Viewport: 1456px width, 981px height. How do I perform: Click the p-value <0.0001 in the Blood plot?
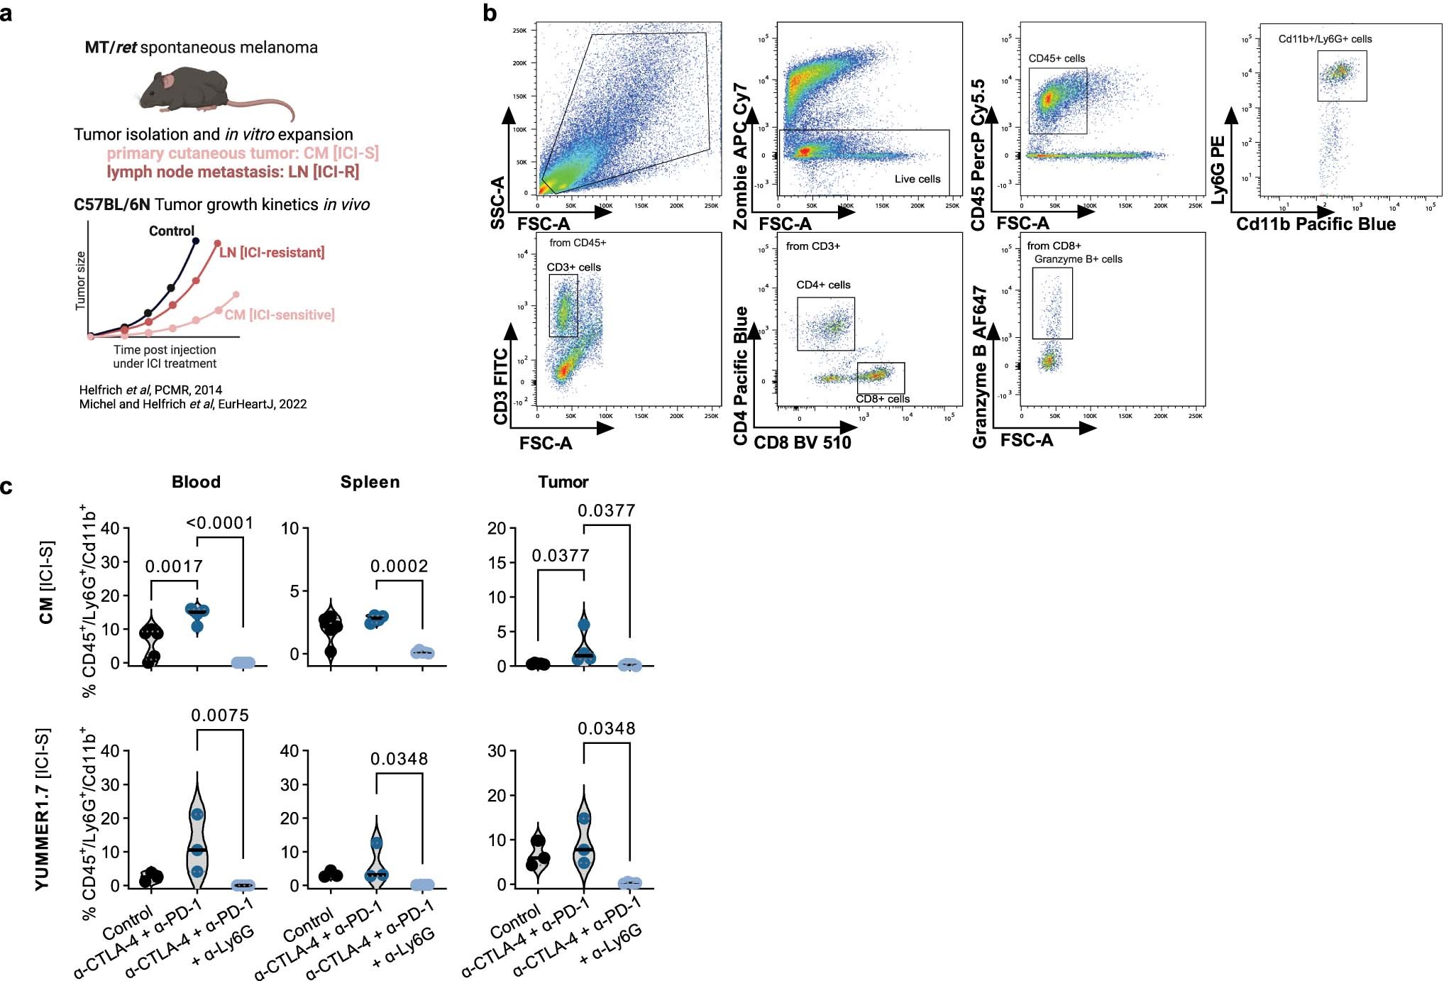pos(219,523)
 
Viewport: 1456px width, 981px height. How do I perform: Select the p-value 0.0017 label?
pos(174,566)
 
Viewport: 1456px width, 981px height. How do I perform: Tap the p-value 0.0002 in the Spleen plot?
pos(399,566)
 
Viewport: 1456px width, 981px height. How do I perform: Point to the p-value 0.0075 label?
pos(220,716)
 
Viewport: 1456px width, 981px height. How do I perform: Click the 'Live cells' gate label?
pos(917,179)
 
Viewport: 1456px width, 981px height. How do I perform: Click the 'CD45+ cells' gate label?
pos(1057,58)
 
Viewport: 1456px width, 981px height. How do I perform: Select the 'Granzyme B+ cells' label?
pos(1078,259)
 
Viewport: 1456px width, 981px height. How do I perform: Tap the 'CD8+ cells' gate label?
pos(883,399)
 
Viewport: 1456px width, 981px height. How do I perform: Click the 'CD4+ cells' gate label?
pos(823,285)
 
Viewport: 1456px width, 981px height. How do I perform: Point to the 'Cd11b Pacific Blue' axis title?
pos(1316,224)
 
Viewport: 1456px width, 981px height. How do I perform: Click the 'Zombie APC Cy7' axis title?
pos(741,156)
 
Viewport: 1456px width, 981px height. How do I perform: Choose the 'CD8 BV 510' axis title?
pos(802,443)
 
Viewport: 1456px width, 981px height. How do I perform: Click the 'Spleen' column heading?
pos(370,482)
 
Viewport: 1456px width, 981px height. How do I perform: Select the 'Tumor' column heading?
pos(563,482)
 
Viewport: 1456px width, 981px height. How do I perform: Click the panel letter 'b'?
pos(489,13)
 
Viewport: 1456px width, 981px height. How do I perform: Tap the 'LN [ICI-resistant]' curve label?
pos(272,253)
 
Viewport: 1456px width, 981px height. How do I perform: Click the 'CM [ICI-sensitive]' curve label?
pos(280,314)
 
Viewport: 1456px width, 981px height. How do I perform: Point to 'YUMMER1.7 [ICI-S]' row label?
pos(43,809)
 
